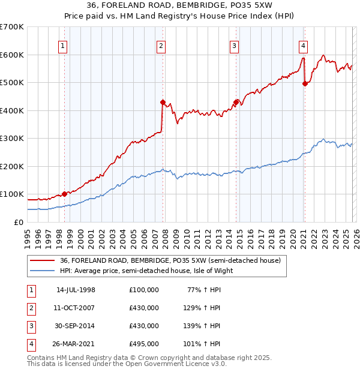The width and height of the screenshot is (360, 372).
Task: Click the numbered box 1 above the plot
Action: (x=63, y=46)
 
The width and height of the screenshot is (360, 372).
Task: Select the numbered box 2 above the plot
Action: (x=161, y=46)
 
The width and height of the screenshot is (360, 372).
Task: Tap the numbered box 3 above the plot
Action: (x=234, y=46)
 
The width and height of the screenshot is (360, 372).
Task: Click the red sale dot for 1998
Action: (x=64, y=194)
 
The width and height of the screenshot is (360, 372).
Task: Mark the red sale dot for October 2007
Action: (x=163, y=102)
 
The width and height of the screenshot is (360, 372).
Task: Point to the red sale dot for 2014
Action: (x=236, y=102)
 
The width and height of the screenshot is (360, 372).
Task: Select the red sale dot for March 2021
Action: (x=305, y=84)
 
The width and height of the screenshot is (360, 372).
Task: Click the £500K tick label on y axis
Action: (x=12, y=82)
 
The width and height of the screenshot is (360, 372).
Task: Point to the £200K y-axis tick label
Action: (x=12, y=166)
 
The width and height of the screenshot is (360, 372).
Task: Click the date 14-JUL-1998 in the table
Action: (x=76, y=290)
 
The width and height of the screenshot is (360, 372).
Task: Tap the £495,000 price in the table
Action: (x=144, y=344)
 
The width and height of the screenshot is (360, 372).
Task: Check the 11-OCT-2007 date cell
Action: (x=76, y=308)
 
